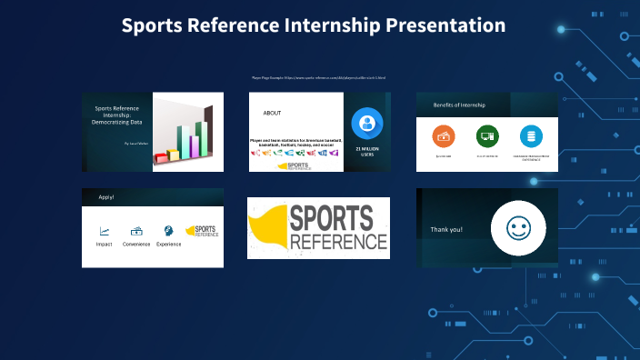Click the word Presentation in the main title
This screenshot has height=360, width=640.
point(445,25)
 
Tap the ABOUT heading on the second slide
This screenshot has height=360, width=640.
point(272,114)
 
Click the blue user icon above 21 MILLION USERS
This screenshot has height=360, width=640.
point(367,122)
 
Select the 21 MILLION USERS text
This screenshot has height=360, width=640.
point(367,151)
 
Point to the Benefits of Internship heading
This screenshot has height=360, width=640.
point(459,105)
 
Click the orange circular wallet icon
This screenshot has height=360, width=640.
point(444,137)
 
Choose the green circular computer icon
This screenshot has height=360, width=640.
point(487,137)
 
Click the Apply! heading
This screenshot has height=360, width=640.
point(106,196)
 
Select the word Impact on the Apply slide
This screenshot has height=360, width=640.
point(105,244)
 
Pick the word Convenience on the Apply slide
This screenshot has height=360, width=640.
point(136,244)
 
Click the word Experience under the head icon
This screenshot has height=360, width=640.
point(168,244)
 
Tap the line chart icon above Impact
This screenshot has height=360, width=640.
point(105,231)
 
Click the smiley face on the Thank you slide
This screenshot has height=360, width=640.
point(517,227)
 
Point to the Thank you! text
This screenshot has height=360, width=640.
point(446,229)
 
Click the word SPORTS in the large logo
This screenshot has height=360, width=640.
point(332,218)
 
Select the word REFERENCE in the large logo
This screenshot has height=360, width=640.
point(338,242)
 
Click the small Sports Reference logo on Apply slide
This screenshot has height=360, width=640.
point(202,232)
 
